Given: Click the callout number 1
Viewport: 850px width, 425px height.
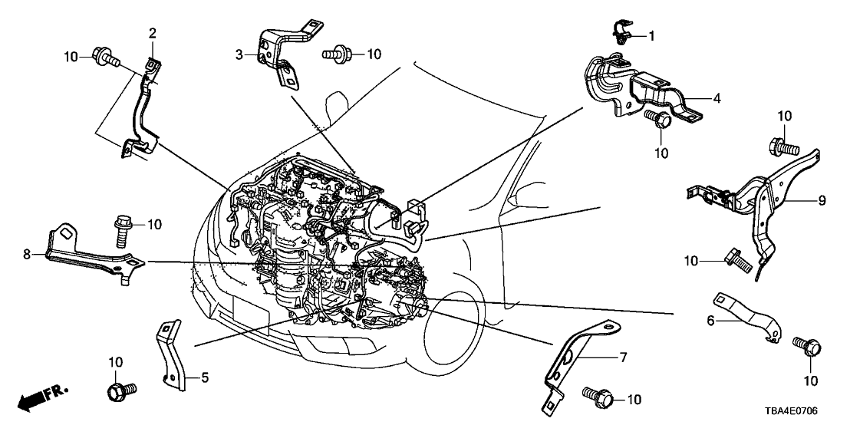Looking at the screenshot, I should point(652,35).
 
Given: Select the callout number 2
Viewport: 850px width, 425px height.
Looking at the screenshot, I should point(152,33).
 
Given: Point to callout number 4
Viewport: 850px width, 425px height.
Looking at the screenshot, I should point(717,98).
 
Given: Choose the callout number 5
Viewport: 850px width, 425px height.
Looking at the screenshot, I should point(205,377).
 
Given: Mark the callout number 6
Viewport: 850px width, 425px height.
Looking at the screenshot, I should point(710,321).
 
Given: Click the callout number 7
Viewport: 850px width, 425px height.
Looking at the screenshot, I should point(623,357).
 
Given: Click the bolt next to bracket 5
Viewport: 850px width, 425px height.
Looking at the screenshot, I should point(119,392).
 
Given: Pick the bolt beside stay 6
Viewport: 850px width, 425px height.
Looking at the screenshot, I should point(802,348).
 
